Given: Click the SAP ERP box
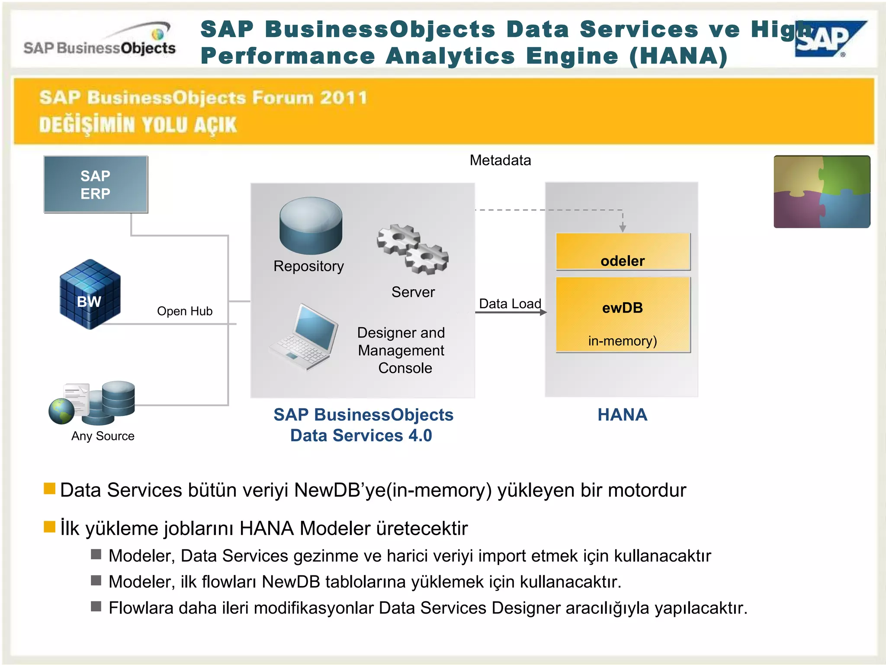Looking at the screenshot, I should pyautogui.click(x=96, y=184).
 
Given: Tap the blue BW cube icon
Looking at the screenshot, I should pyautogui.click(x=90, y=294).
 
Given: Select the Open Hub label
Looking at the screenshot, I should pyautogui.click(x=185, y=311).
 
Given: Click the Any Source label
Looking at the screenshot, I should pyautogui.click(x=103, y=436).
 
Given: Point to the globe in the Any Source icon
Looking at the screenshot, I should pyautogui.click(x=61, y=411).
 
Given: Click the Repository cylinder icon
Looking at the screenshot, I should pyautogui.click(x=311, y=226).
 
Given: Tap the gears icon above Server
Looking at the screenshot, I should pyautogui.click(x=413, y=249).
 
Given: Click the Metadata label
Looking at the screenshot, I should pyautogui.click(x=500, y=161).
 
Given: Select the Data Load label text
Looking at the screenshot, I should pyautogui.click(x=510, y=304).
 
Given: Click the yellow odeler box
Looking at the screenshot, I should pyautogui.click(x=623, y=252).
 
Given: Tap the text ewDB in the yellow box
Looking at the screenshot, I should pyautogui.click(x=623, y=308).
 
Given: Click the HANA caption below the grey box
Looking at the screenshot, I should pyautogui.click(x=623, y=415).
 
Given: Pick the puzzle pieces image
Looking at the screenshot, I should pyautogui.click(x=822, y=192).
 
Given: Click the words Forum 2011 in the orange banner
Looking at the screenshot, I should pyautogui.click(x=310, y=98).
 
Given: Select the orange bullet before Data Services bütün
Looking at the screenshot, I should pyautogui.click(x=50, y=489).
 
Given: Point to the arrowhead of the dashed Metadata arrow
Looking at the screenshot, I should pyautogui.click(x=623, y=228).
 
